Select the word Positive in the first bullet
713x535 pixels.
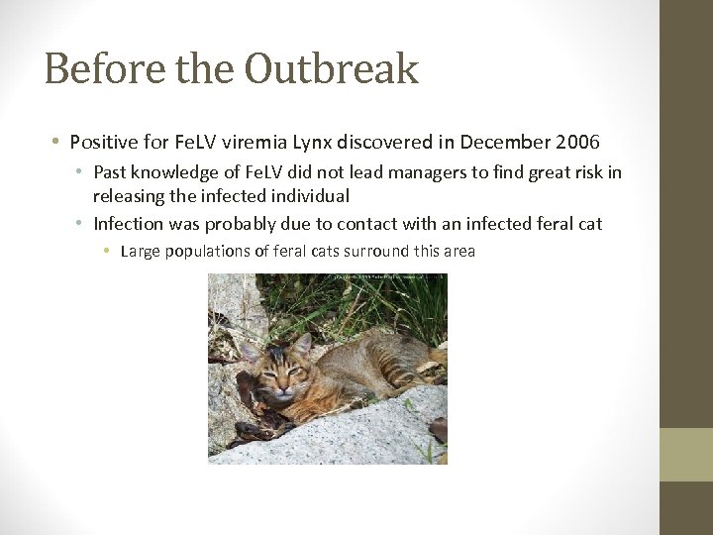point(105,143)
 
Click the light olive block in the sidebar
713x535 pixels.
point(686,455)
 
